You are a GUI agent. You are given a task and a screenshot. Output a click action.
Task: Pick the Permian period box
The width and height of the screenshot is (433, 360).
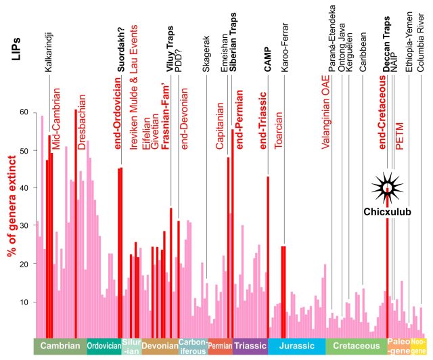(x=220, y=346)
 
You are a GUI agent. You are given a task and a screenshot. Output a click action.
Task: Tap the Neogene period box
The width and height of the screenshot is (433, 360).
(x=419, y=346)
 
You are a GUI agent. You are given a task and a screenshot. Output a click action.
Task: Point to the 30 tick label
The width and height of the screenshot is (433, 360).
(x=26, y=226)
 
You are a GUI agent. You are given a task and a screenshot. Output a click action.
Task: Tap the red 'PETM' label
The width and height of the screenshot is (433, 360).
(x=400, y=136)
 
